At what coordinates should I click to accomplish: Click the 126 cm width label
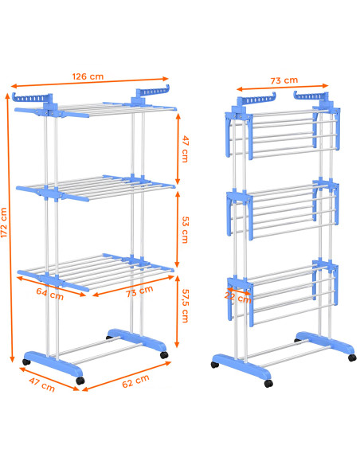tap(88, 76)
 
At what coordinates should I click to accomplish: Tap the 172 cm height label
tap(4, 222)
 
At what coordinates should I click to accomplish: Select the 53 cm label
tap(185, 230)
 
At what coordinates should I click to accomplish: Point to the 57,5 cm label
tap(185, 306)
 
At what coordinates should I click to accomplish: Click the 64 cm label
tap(50, 294)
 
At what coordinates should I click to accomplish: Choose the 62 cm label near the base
tap(135, 381)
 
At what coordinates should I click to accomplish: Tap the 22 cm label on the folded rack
tap(238, 297)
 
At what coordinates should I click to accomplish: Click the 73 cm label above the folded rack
tap(284, 80)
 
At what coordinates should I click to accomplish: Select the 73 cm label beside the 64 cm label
tap(139, 291)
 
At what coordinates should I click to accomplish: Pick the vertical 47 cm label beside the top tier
tap(185, 149)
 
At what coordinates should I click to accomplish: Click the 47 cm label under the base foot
tap(41, 385)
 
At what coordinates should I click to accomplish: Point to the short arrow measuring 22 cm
tap(239, 291)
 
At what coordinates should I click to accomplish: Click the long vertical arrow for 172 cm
tap(10, 228)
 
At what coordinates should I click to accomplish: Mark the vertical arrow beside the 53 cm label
tap(178, 229)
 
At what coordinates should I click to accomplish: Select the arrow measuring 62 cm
tap(127, 376)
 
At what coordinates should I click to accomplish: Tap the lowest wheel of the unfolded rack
tap(80, 381)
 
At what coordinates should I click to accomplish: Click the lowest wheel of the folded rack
tap(268, 384)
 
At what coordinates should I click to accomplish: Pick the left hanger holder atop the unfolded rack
tap(33, 99)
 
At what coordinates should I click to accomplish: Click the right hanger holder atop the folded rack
tap(311, 96)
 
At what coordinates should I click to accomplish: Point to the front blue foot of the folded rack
tap(241, 366)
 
